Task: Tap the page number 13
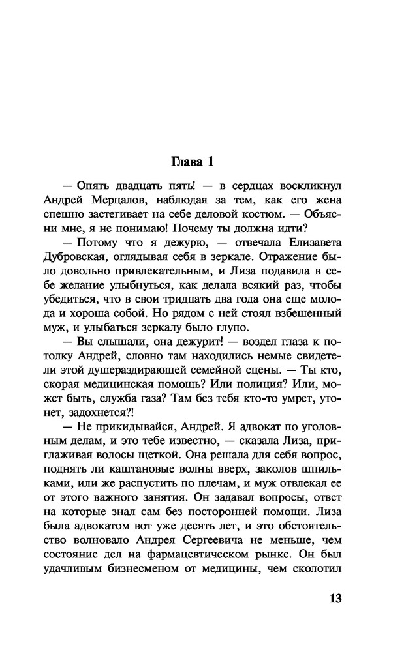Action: tap(332, 599)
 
